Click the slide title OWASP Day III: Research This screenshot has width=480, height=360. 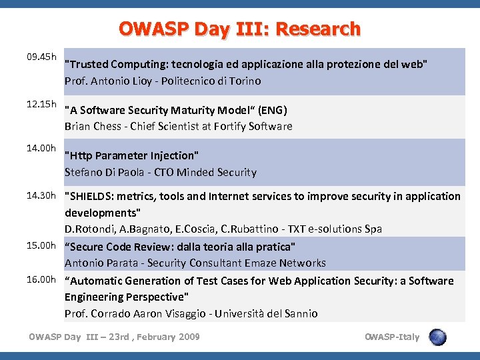tap(239, 29)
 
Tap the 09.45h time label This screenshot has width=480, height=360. tap(41, 57)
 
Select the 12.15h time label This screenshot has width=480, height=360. tap(41, 106)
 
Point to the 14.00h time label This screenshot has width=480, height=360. tap(41, 148)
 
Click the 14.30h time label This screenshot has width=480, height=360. tap(41, 195)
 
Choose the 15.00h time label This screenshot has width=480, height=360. tap(41, 245)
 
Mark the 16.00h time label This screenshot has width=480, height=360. tap(41, 279)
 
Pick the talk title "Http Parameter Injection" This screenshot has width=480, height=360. tap(132, 156)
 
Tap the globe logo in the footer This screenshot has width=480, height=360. tap(437, 337)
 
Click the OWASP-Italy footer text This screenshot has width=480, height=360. tap(393, 337)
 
